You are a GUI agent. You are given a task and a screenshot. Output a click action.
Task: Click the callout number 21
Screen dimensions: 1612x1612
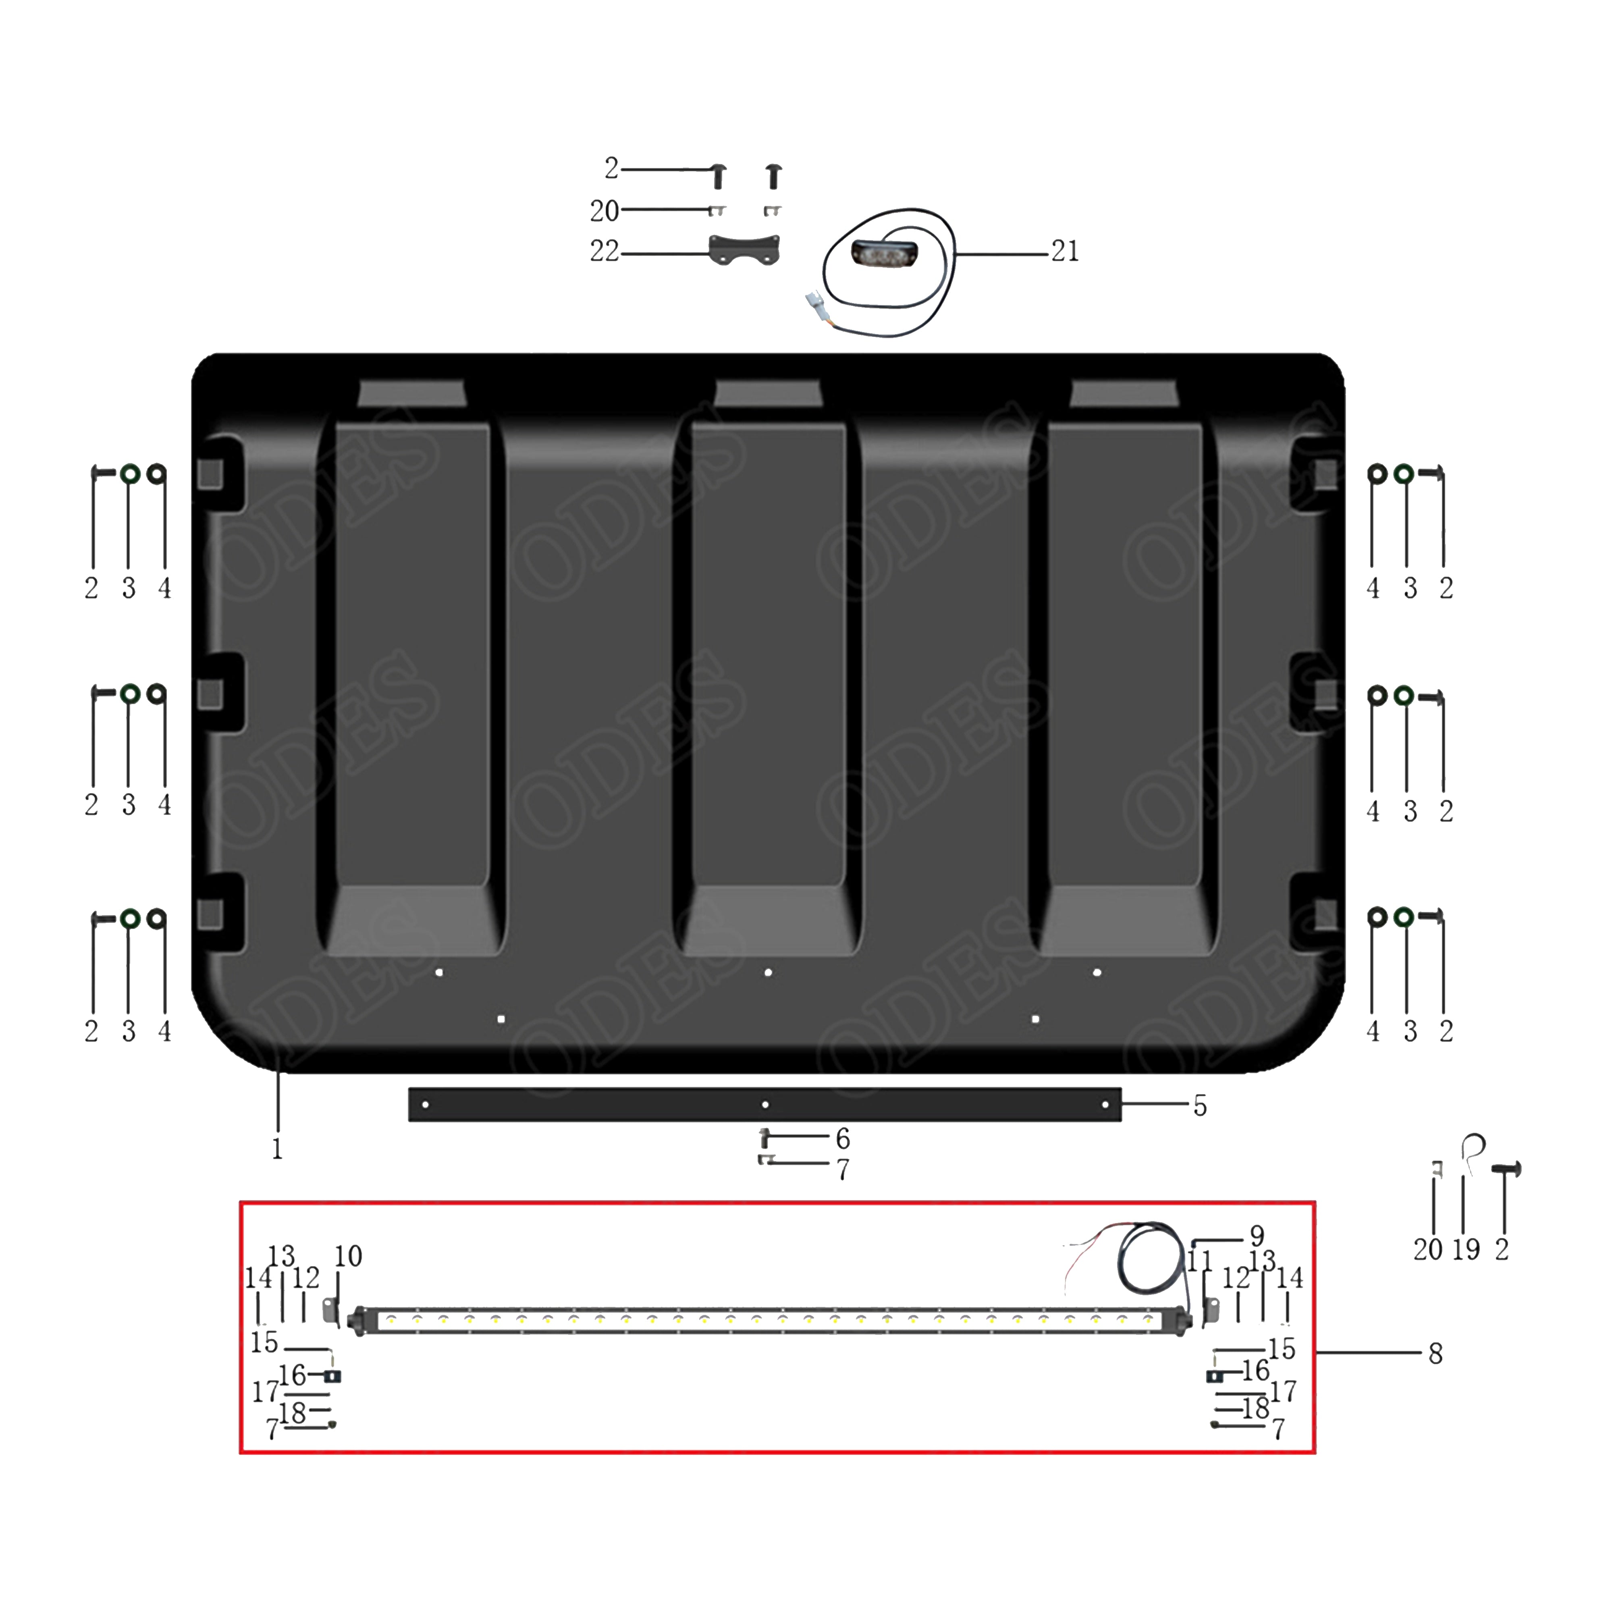[1065, 251]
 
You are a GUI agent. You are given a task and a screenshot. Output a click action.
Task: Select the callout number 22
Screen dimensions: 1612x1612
[604, 251]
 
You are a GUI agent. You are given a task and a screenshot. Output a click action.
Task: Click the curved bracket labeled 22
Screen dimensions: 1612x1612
[744, 249]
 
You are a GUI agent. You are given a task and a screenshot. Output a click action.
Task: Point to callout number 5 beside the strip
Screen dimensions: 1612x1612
[1200, 1106]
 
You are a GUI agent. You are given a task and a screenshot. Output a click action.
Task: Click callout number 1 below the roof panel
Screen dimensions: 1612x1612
[277, 1149]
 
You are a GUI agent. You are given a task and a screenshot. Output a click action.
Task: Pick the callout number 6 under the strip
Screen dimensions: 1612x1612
[843, 1139]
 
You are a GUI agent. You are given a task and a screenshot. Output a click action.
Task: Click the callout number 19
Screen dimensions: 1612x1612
[1466, 1249]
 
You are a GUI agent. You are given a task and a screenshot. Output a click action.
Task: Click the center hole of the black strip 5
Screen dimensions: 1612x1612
[765, 1105]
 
